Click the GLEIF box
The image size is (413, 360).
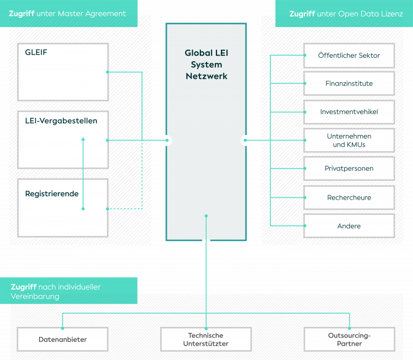63,72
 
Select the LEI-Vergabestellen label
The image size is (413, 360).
61,121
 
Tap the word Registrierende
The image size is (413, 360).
52,194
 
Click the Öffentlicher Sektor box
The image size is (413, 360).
349,55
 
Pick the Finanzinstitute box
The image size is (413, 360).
349,84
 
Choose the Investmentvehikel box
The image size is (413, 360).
349,112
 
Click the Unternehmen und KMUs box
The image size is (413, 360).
349,141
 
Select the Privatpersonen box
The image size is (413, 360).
349,169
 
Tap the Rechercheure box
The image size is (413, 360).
349,197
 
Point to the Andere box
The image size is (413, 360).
349,226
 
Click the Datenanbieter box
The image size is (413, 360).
63,340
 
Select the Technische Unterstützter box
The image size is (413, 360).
206,340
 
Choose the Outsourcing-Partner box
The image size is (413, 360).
349,340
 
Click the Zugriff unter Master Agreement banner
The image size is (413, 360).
68,14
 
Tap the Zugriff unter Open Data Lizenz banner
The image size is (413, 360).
345,14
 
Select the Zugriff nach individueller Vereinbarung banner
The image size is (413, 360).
68,291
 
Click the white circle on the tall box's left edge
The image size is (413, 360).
167,141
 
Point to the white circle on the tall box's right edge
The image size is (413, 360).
246,141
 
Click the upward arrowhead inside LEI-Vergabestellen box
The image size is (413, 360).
83,139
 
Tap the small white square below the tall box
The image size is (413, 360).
206,241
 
